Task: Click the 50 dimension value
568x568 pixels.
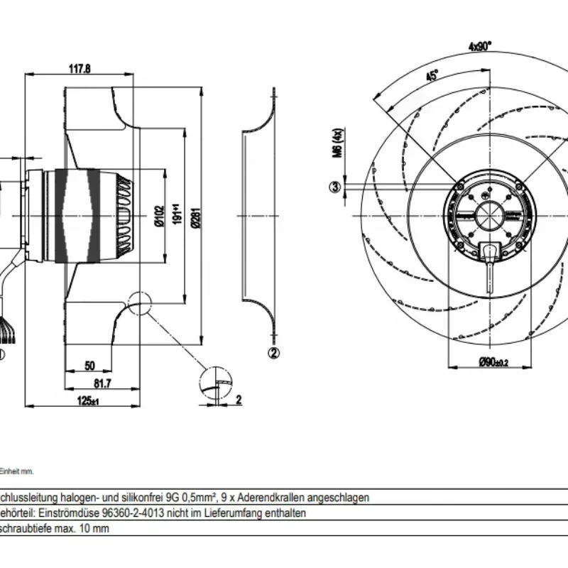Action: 89,366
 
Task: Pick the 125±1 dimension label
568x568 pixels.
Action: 89,401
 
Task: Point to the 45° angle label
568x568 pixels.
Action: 432,75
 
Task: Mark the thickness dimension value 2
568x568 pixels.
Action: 239,399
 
